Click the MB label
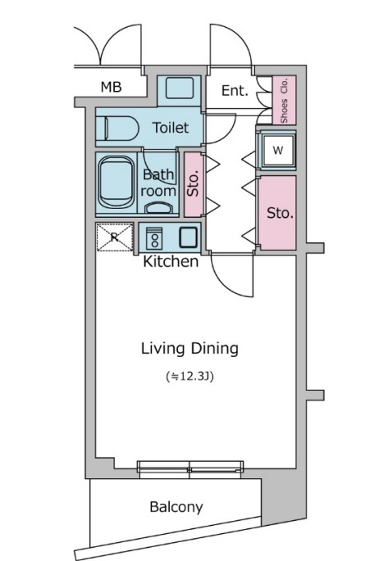(111, 87)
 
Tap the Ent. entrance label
(235, 91)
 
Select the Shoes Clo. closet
(284, 100)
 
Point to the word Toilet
(171, 128)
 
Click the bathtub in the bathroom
(117, 183)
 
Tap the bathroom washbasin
(158, 207)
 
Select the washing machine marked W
(278, 150)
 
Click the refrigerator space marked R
(115, 237)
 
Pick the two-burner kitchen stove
(154, 238)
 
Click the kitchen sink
(188, 238)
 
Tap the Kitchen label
(171, 261)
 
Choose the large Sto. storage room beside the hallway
(277, 213)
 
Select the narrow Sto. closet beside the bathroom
(194, 184)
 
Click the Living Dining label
(190, 349)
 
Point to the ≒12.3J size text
(190, 377)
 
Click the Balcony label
(176, 507)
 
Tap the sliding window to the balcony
(190, 469)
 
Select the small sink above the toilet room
(180, 88)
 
